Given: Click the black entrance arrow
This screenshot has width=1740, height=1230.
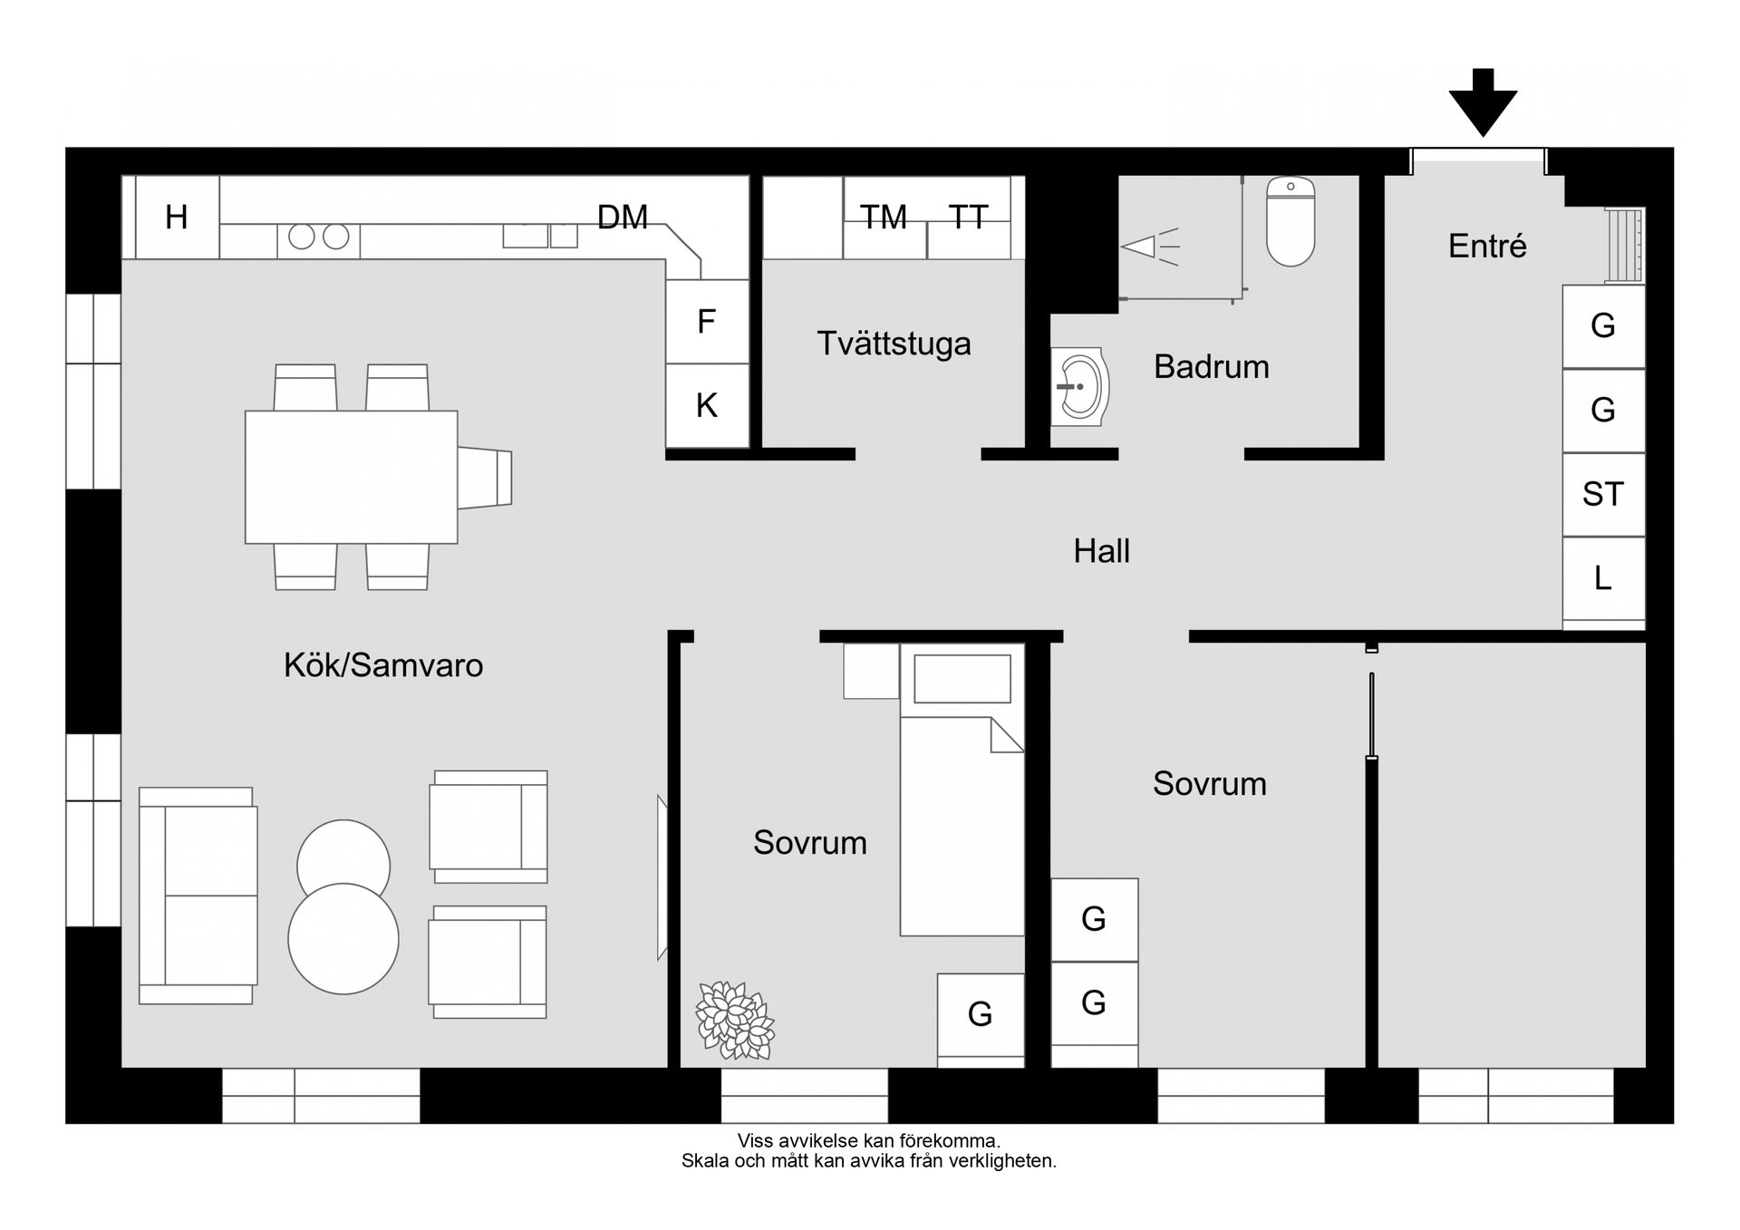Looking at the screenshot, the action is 1483,102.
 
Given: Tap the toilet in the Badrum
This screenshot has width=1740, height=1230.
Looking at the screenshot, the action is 1290,221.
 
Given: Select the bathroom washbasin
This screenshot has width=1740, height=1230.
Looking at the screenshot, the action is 1080,387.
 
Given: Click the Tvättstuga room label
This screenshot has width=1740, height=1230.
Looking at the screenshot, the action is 894,344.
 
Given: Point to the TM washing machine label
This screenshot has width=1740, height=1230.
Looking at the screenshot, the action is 884,218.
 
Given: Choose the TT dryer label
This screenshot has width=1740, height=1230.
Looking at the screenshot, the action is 968,218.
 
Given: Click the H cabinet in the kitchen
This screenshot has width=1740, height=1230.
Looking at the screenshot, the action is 177,218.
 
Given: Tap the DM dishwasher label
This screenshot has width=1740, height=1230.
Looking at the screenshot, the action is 623,218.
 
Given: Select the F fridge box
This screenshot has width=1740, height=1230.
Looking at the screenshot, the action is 707,322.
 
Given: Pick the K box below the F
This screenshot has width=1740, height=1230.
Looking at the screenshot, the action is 707,405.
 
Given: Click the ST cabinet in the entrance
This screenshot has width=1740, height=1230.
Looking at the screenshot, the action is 1603,495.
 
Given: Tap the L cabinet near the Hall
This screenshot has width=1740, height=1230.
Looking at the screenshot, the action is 1603,578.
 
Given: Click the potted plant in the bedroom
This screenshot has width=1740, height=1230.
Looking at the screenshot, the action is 735,1020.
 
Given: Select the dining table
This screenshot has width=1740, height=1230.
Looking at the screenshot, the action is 351,477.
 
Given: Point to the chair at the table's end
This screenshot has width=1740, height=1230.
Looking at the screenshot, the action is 485,477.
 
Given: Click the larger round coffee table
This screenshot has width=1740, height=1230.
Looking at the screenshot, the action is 343,939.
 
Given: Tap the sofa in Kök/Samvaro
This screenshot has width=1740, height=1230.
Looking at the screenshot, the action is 198,896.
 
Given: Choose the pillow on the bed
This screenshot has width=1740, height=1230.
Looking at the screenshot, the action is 962,679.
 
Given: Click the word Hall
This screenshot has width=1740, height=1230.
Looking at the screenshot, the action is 1101,551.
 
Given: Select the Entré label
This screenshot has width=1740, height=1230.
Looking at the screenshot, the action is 1487,246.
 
